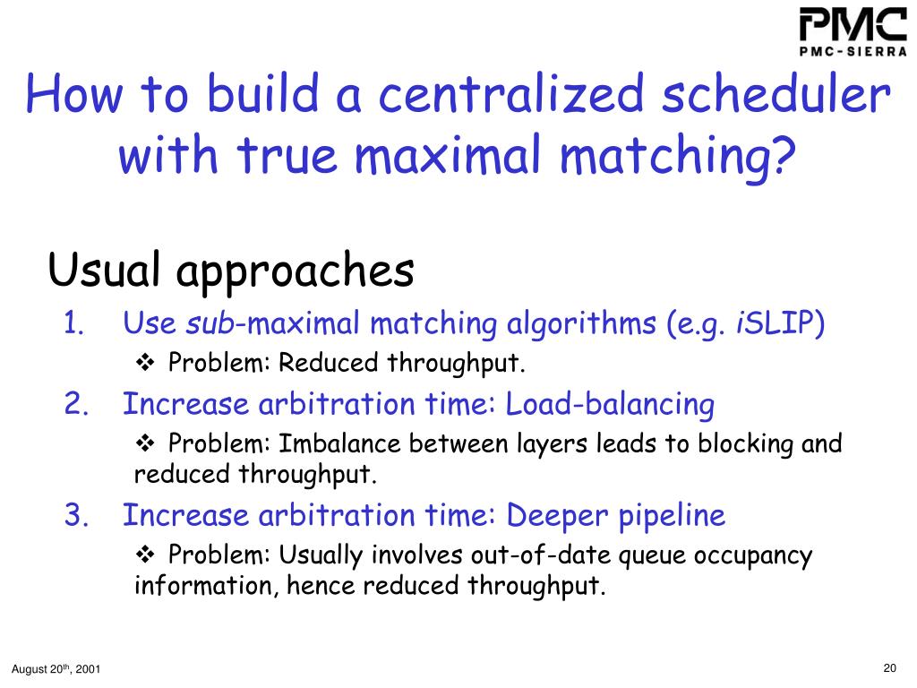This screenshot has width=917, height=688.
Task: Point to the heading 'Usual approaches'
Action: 230,270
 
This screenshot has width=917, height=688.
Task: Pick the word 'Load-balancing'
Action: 610,405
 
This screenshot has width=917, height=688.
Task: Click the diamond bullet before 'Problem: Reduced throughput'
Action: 145,363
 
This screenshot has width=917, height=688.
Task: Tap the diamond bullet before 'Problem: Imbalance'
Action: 145,443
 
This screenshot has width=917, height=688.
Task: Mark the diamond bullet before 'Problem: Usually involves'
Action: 145,555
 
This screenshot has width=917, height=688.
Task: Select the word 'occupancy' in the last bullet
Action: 757,555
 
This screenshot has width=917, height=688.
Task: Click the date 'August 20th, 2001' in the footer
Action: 56,669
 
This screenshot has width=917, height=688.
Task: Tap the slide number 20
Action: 889,667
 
